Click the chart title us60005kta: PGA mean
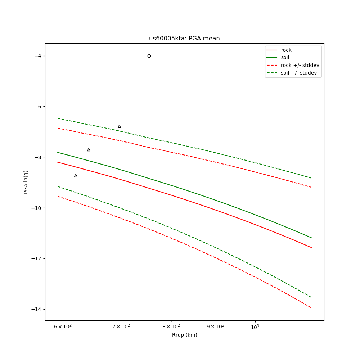[x=184, y=39]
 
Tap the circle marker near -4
[x=149, y=56]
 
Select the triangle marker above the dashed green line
[x=119, y=126]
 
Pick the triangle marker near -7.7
[x=89, y=150]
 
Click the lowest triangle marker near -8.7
[x=76, y=176]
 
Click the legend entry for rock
[x=286, y=50]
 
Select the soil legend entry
[x=285, y=58]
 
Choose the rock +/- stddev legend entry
[x=300, y=65]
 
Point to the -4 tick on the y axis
[x=37, y=56]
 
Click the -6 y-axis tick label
[x=37, y=107]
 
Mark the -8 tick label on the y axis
[x=37, y=157]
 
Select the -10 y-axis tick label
[x=36, y=208]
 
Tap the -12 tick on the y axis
[x=36, y=259]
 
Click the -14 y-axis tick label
[x=36, y=310]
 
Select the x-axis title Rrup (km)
[x=184, y=335]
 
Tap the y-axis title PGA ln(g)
[x=26, y=182]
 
